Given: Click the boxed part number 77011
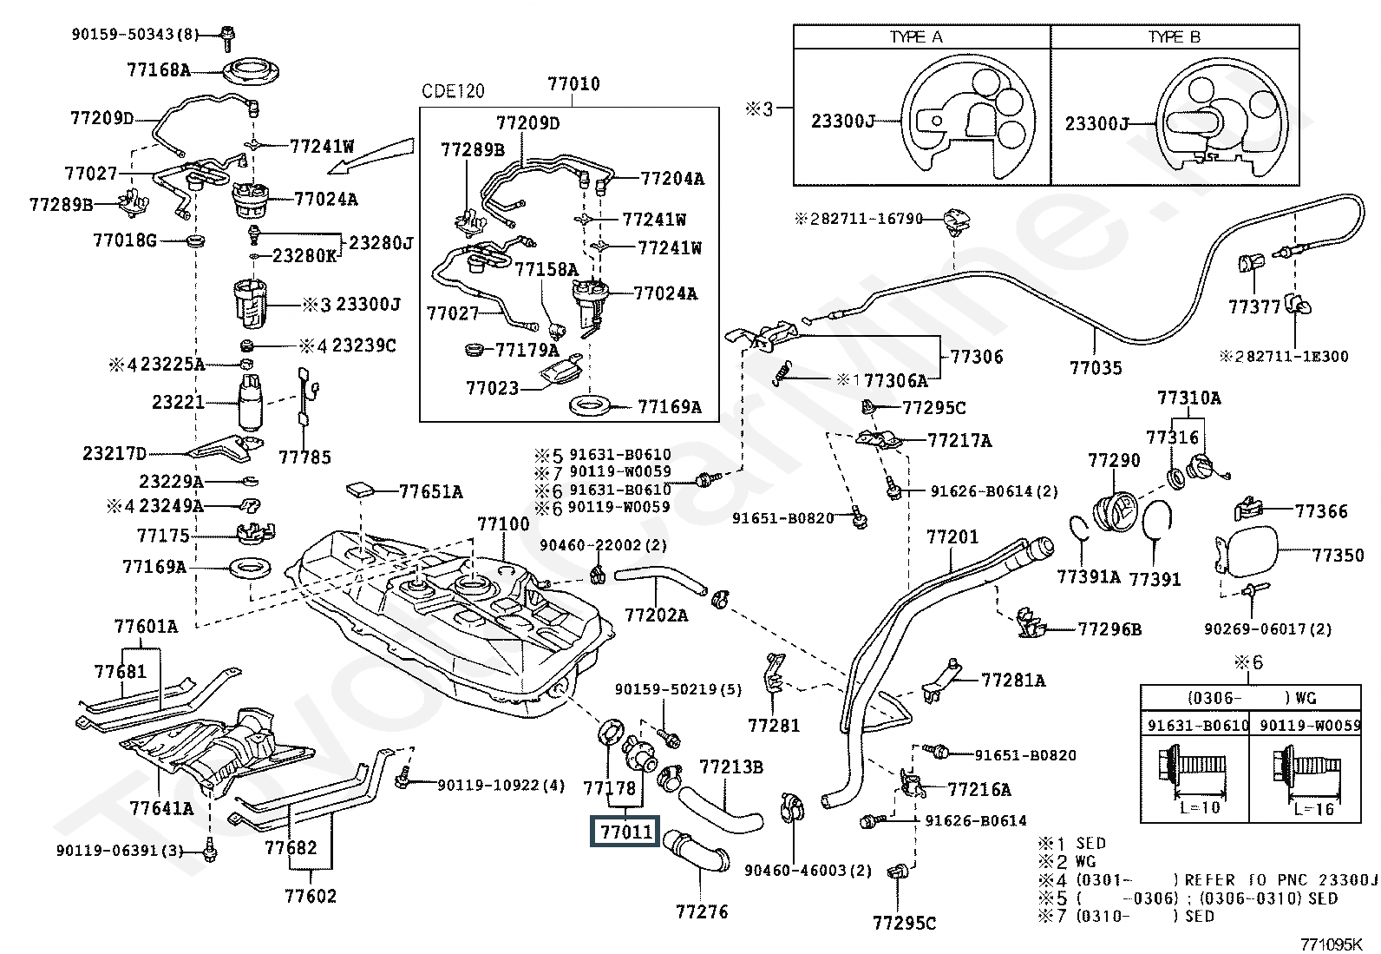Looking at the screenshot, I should (625, 832).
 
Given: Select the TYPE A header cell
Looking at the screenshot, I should (922, 37).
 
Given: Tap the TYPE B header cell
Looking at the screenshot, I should (1175, 37).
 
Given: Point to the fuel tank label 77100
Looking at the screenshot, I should (503, 524).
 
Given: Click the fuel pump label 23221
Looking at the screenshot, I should (178, 402).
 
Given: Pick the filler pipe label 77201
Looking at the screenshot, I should (952, 537).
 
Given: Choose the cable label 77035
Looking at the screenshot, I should (1096, 368).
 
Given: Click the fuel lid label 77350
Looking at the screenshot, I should (1338, 555).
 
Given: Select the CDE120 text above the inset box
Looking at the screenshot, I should (453, 91).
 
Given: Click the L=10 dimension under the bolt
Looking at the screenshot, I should (1194, 807).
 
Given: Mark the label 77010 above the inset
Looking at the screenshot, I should (573, 84).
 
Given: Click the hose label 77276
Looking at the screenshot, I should (702, 911).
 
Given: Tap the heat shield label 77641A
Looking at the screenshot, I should (161, 808).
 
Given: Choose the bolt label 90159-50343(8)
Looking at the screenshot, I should (134, 35).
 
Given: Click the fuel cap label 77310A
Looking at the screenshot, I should (1188, 398).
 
